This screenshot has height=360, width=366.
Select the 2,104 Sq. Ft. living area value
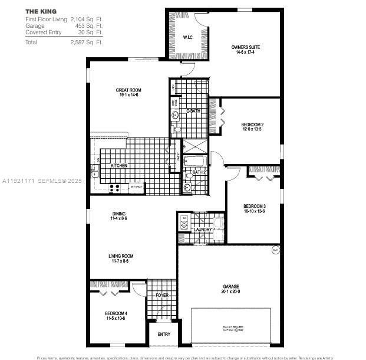[87, 19]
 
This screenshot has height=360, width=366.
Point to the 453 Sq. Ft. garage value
[90, 26]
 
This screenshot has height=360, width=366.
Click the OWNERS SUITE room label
[246, 47]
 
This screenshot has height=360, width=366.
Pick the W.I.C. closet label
[188, 38]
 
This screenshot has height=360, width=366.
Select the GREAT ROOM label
[128, 90]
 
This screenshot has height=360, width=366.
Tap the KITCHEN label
[119, 166]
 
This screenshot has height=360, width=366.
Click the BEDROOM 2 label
[252, 125]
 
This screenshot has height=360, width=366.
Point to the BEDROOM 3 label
[255, 206]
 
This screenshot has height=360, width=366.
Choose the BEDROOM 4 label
[116, 313]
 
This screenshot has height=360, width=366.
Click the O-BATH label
[194, 111]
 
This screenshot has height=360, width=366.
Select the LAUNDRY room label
[203, 230]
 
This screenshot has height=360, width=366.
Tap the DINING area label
[118, 214]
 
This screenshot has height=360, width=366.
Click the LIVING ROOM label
[121, 256]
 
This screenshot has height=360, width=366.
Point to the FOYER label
[161, 294]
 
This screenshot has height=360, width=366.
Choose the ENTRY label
[164, 335]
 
